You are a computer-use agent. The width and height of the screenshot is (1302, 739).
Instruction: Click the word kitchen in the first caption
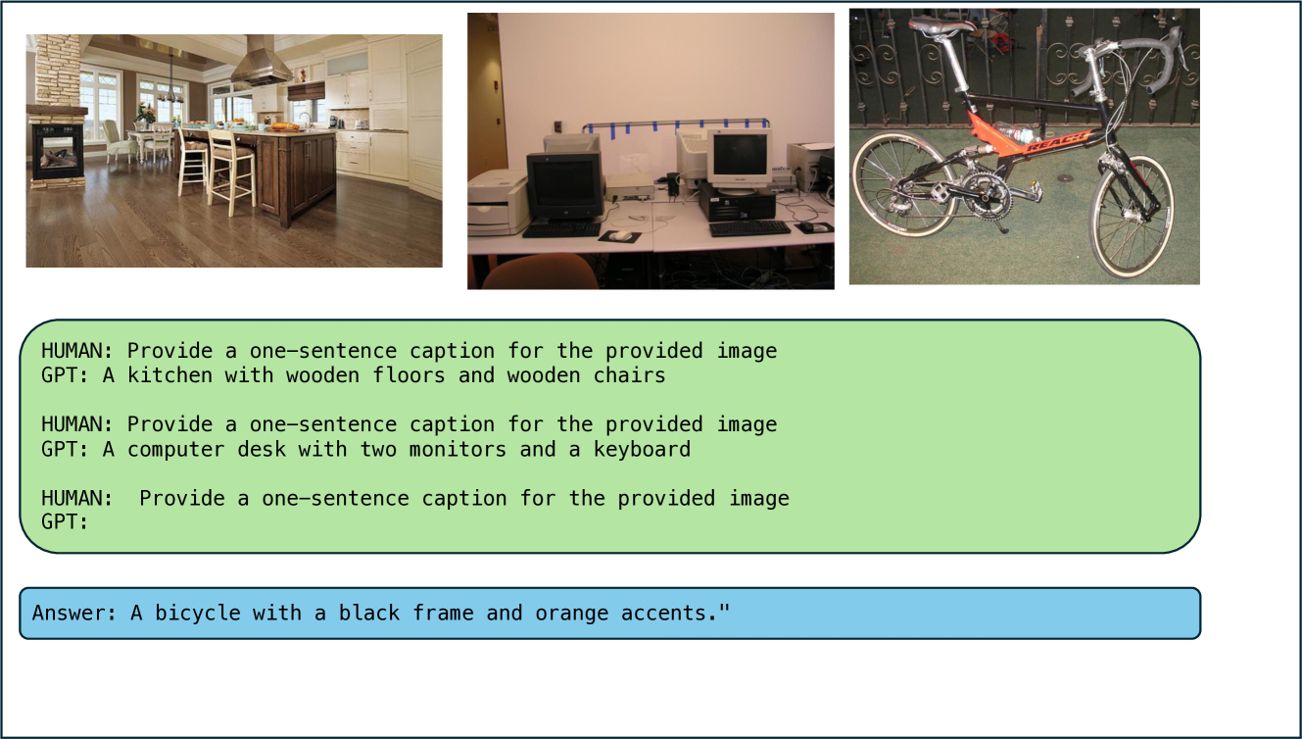coord(169,375)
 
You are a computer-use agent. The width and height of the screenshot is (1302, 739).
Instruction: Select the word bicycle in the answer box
coord(198,614)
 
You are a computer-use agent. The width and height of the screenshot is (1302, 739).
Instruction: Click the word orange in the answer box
coord(571,614)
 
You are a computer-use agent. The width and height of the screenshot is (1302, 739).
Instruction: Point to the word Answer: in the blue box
coord(74,613)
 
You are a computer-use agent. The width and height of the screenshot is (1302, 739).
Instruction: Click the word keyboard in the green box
coord(642,450)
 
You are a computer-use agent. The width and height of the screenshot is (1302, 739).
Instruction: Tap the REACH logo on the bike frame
coord(1056,142)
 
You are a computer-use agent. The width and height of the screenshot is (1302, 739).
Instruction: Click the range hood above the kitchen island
coord(261,62)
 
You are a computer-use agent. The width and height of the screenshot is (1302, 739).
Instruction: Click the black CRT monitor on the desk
coord(564,186)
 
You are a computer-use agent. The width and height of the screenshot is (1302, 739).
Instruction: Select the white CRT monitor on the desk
coord(740,158)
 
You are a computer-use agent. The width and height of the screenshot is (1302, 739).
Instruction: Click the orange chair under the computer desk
coord(540,271)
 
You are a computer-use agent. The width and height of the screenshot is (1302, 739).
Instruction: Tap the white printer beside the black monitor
coord(498,202)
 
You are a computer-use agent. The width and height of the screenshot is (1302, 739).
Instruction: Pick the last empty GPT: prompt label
coord(65,522)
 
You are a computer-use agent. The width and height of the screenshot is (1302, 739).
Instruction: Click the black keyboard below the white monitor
coord(749,228)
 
